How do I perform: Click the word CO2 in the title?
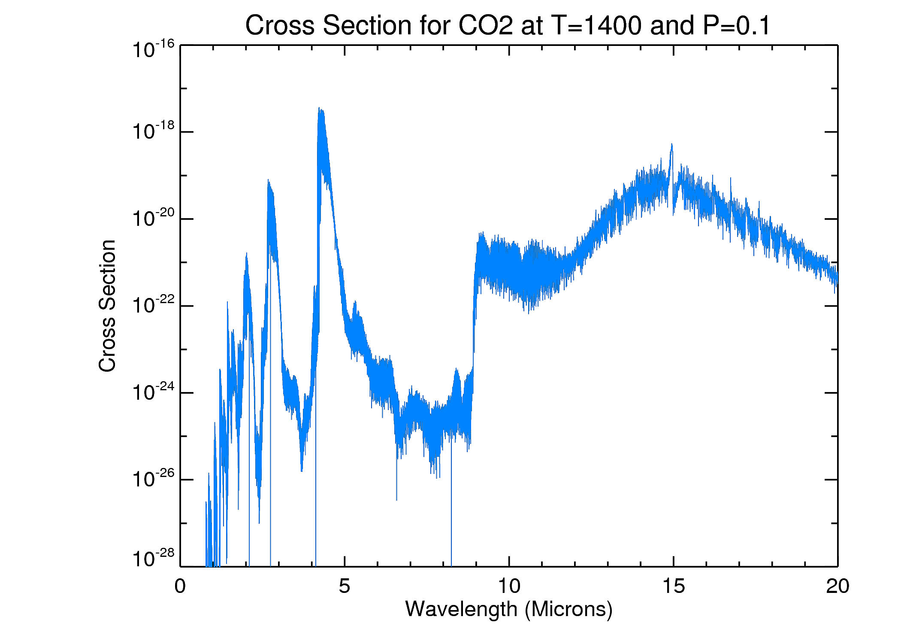coord(485,25)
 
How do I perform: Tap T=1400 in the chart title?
coord(597,25)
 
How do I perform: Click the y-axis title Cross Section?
coord(107,306)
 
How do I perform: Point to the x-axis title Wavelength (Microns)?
coord(508,609)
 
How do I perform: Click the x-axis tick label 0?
coord(180,586)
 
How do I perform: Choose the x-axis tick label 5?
coord(345,586)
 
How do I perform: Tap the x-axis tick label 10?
coord(509,586)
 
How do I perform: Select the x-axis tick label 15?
coord(673,586)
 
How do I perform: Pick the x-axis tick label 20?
coord(838,586)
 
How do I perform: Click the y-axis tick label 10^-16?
coord(153,49)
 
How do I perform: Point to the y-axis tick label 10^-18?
coord(153,131)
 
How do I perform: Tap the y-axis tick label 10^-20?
coord(153,218)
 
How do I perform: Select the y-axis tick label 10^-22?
coord(153,305)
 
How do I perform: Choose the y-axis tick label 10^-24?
coord(153,392)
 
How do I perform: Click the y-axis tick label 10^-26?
coord(153,479)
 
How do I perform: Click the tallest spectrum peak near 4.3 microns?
coord(319,109)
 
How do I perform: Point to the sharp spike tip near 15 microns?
coord(671,145)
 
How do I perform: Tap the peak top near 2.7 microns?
coord(268,181)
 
